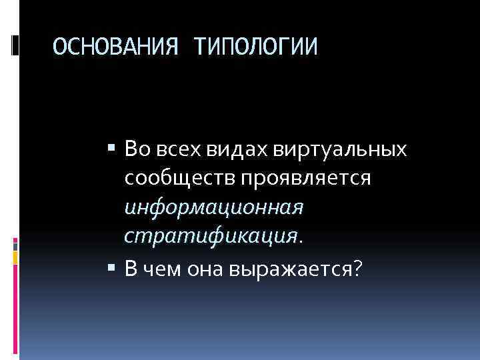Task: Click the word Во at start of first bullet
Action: click(136, 149)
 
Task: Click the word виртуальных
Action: click(340, 149)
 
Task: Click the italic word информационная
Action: click(213, 207)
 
